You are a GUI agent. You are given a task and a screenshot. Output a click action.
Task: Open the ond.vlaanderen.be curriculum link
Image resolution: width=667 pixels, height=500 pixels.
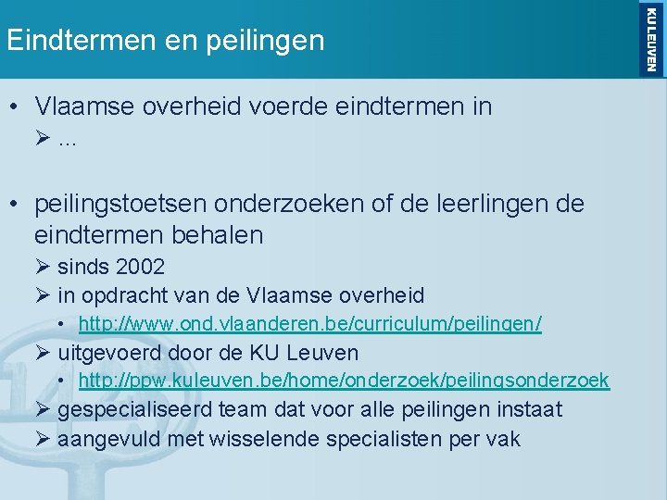309,324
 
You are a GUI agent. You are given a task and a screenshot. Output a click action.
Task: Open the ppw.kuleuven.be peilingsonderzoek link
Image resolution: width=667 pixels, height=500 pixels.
344,381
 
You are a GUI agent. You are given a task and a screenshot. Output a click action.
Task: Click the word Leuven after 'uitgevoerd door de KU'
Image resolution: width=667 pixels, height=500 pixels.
323,353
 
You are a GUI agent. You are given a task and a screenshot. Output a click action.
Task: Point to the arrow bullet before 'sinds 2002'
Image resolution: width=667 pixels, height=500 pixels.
43,267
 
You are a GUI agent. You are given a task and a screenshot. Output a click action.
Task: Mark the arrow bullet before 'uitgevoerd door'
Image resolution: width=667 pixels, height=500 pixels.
43,353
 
